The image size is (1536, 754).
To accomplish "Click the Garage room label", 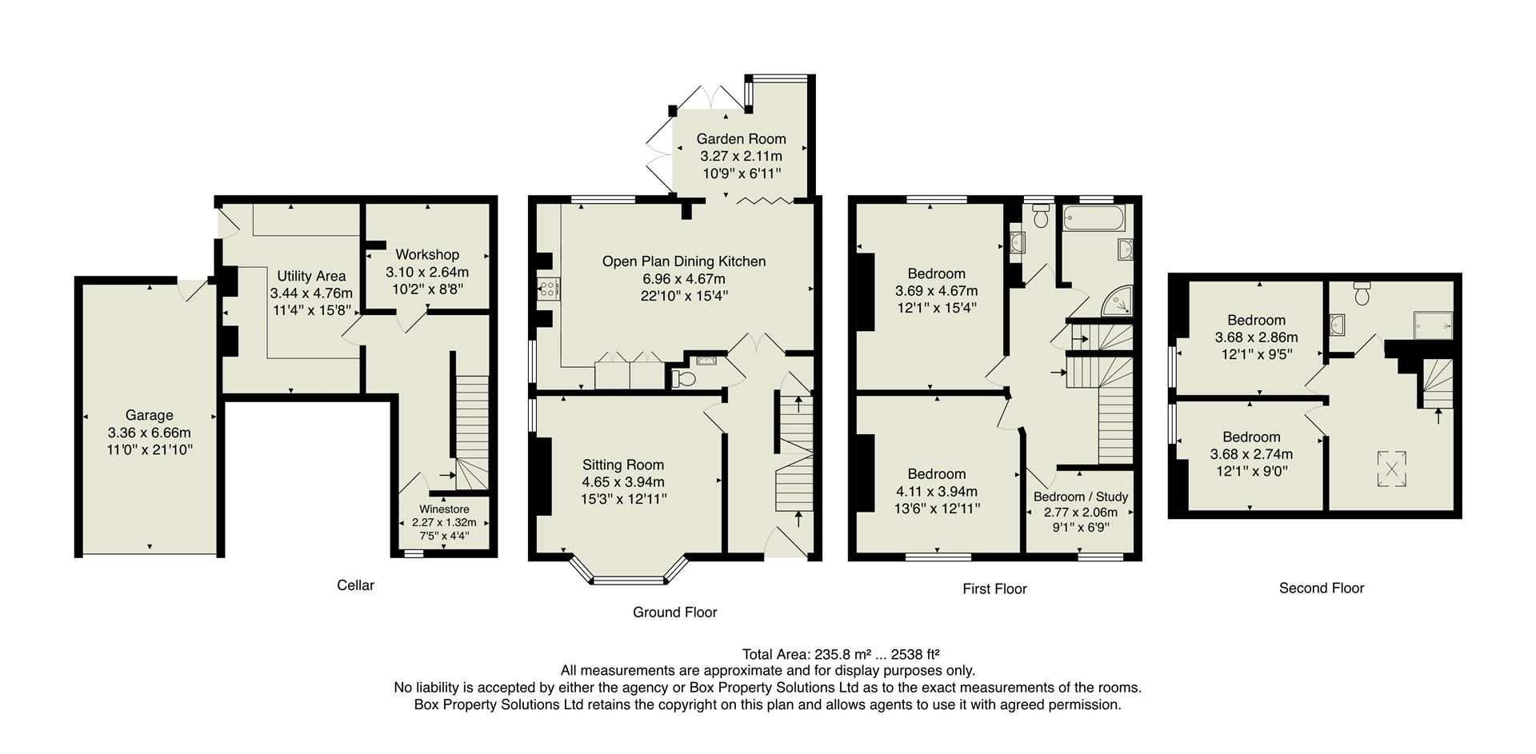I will [149, 415].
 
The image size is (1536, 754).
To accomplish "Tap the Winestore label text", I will [444, 509].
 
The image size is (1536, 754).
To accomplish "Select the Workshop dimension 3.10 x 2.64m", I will [427, 272].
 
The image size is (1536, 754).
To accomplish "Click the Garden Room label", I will [741, 138].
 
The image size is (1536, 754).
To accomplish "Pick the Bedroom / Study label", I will [1080, 497].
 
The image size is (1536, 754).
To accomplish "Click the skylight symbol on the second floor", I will [1392, 469].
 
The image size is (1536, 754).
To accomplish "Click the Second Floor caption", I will [1321, 588].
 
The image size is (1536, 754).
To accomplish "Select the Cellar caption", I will [355, 584].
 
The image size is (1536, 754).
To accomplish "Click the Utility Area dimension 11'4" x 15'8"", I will [311, 310].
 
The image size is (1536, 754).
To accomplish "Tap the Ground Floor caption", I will [674, 612].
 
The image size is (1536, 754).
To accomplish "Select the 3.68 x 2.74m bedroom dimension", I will [1251, 453].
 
